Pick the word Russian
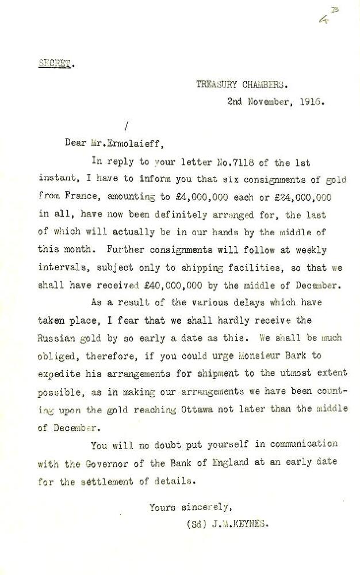pos(56,337)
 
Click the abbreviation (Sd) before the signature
pos(194,524)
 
